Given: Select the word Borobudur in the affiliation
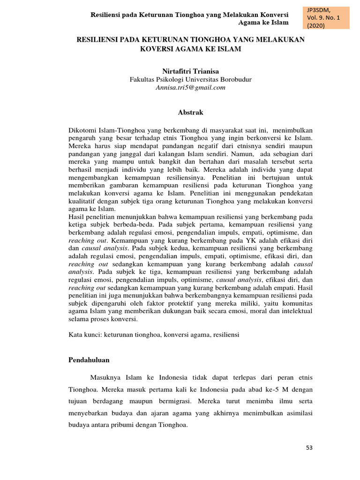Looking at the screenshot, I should (234, 80).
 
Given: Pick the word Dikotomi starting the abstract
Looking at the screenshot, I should (82, 129).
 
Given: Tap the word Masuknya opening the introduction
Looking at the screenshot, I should (105, 378).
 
